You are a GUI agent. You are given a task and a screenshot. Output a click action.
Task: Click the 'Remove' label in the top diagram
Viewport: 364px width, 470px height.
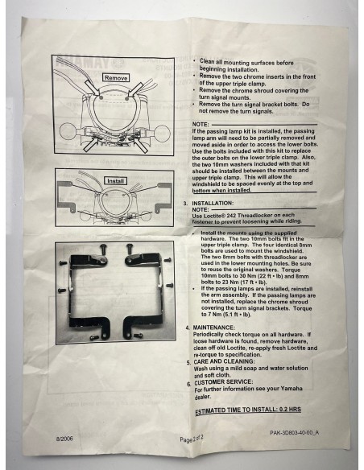114,77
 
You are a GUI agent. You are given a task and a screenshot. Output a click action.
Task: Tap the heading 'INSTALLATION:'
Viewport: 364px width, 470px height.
217,204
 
